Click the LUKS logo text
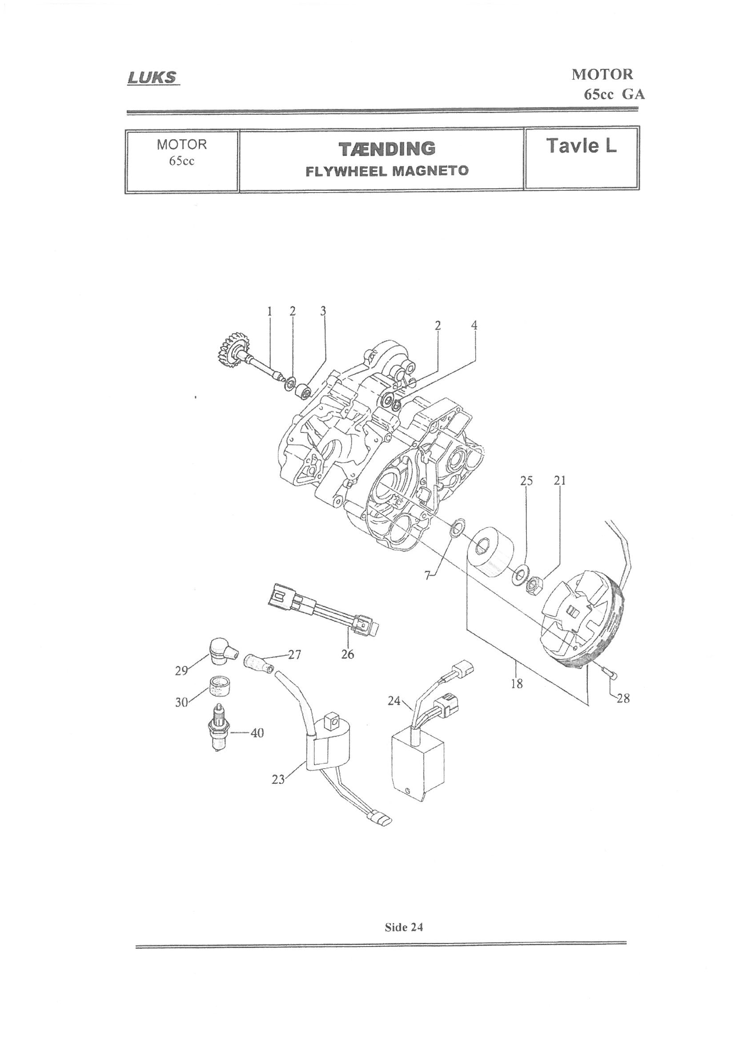pos(151,78)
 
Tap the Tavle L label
pos(581,146)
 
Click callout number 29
pos(181,683)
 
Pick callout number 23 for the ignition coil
pos(278,779)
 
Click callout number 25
pos(526,480)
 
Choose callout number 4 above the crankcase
pos(474,325)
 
